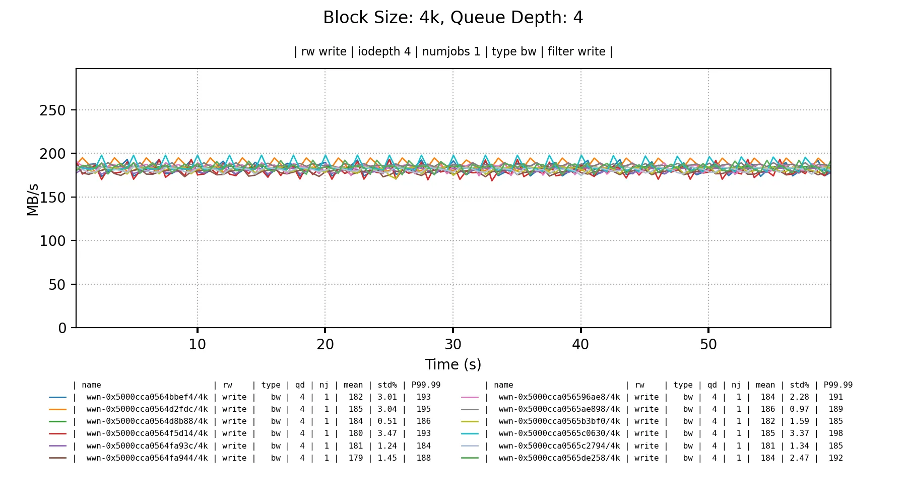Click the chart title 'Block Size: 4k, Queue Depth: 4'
click(x=453, y=18)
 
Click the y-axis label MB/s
click(x=33, y=200)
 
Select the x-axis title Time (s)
click(x=453, y=364)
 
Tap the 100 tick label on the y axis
click(x=52, y=241)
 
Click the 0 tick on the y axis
click(x=62, y=329)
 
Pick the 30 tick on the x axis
click(x=453, y=345)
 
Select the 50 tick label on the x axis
click(x=708, y=345)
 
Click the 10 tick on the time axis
click(x=198, y=345)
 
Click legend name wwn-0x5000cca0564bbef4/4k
click(x=147, y=397)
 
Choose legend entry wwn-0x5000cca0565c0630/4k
click(x=559, y=433)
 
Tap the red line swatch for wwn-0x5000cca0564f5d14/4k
click(x=57, y=433)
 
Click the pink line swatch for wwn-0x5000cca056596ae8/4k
click(x=470, y=397)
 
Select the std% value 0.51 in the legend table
click(x=387, y=421)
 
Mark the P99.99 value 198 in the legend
click(x=835, y=433)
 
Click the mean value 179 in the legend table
click(x=355, y=458)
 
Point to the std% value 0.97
click(x=799, y=409)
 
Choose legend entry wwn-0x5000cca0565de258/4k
click(x=559, y=458)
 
